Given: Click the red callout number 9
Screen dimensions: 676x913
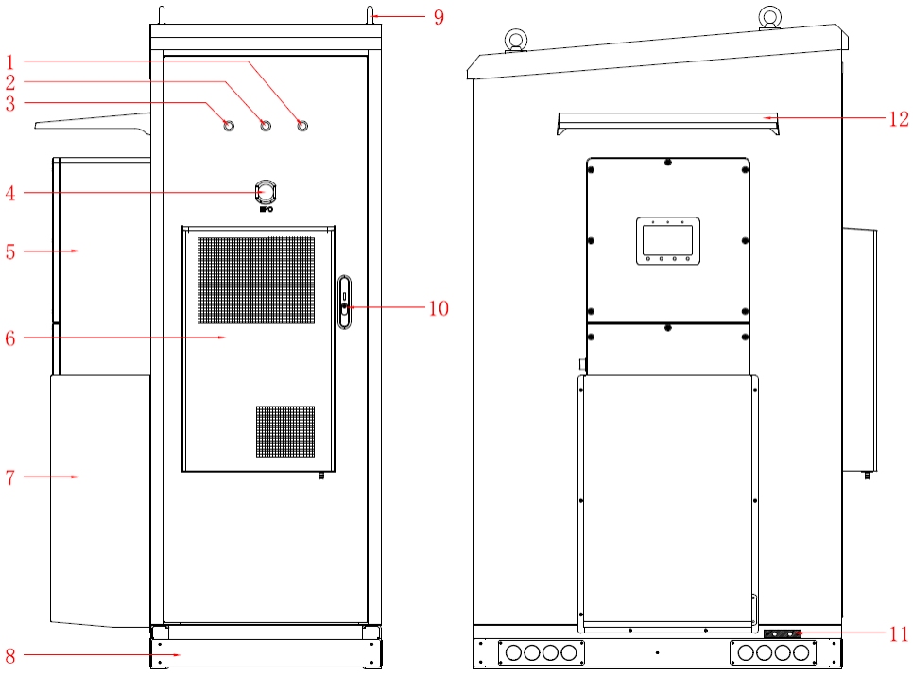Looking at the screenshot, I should click(439, 16).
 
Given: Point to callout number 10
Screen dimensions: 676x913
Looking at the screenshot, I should click(438, 308).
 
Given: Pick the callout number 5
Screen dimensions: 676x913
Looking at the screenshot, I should click(10, 251).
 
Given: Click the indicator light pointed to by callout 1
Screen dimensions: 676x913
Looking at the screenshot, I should click(302, 126).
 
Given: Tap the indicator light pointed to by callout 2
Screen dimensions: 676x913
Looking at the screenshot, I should click(265, 126).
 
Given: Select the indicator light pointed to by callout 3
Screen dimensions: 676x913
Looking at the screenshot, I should click(228, 126).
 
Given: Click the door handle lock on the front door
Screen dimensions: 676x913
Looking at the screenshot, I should click(345, 303).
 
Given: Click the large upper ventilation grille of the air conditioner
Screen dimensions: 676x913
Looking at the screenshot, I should click(256, 279).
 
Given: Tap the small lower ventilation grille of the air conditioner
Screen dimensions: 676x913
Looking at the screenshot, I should click(285, 431).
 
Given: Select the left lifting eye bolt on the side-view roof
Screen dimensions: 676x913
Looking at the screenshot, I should click(516, 40).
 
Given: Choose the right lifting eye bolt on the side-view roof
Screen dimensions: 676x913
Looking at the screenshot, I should click(770, 16).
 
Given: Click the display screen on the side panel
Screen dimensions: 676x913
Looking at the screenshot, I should click(667, 240).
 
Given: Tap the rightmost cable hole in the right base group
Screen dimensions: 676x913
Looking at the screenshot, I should click(801, 652).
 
